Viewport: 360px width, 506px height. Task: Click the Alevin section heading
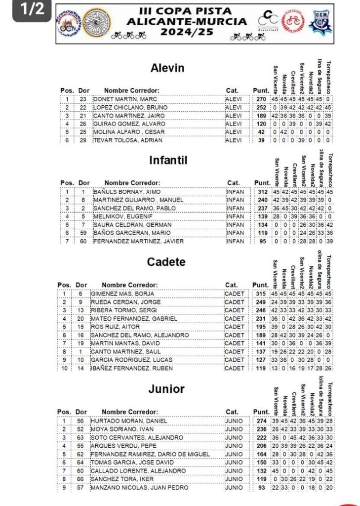[x=167, y=68]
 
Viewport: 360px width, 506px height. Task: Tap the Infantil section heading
[x=168, y=161]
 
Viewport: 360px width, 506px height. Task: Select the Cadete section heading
[x=166, y=262]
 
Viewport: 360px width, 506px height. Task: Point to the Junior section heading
[x=166, y=389]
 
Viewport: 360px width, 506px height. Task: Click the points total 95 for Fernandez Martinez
[x=262, y=241]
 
